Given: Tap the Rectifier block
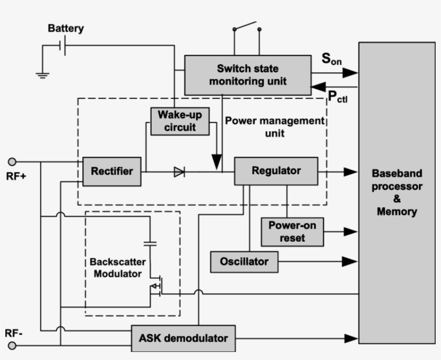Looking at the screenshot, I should (x=112, y=171).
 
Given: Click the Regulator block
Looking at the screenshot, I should (x=276, y=171).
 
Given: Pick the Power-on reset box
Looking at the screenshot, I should (x=292, y=232).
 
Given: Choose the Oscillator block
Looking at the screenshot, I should (x=244, y=262).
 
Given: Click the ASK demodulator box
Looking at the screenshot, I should (x=183, y=338).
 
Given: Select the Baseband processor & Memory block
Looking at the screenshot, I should (x=397, y=192).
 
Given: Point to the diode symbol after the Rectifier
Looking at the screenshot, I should (x=179, y=172).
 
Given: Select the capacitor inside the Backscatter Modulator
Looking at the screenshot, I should (x=151, y=243).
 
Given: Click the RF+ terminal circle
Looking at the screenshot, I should (x=13, y=161).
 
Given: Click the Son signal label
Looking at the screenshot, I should (x=331, y=59).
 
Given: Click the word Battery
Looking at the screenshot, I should (x=66, y=28).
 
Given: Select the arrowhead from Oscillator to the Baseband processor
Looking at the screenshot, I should (x=351, y=262).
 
